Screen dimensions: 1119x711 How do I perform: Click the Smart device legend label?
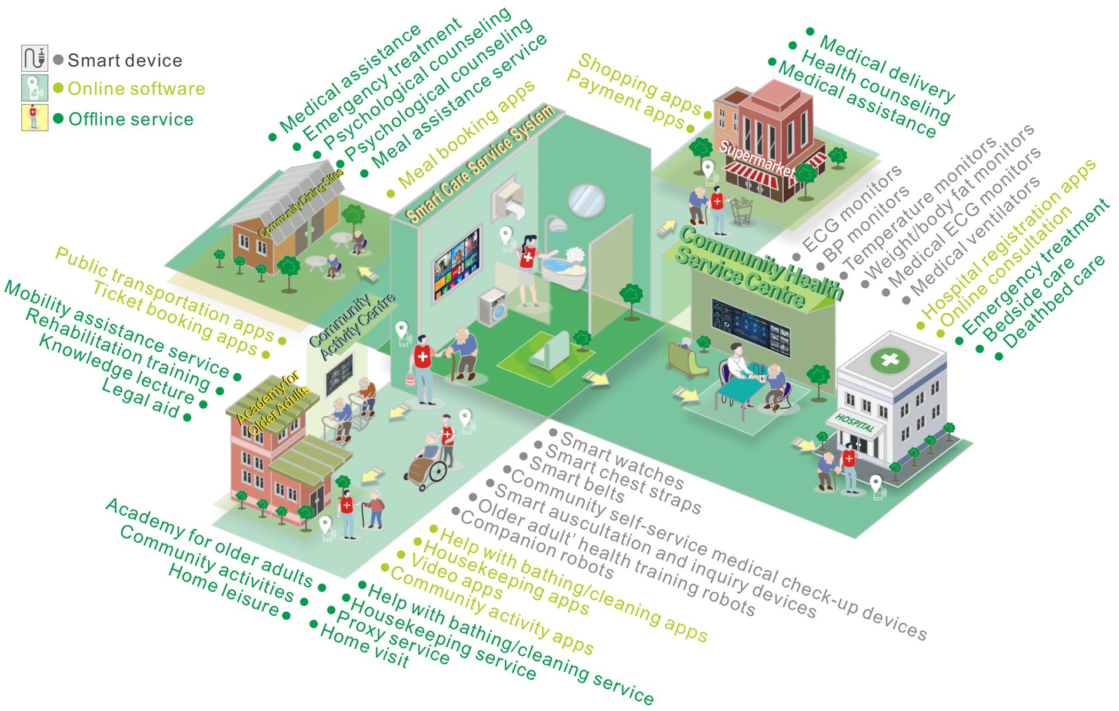click(x=125, y=60)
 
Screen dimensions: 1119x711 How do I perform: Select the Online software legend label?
click(x=136, y=89)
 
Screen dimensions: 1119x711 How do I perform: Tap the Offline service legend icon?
click(x=34, y=118)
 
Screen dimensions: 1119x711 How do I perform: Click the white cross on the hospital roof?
click(x=890, y=359)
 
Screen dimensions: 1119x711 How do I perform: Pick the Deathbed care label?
click(x=1053, y=304)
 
